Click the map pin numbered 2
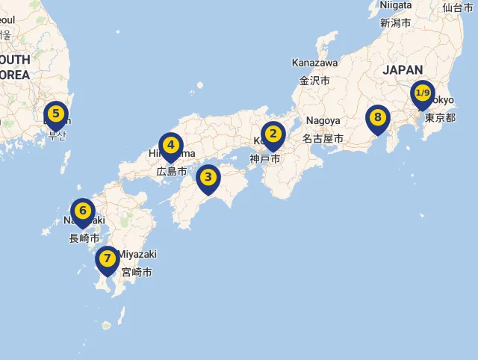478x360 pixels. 273,134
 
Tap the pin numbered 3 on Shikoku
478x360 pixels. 208,178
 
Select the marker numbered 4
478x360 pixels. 171,145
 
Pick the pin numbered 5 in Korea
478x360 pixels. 55,114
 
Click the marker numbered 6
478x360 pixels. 83,211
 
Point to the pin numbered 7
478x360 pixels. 107,258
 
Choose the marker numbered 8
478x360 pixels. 378,118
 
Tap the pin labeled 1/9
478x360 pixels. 423,93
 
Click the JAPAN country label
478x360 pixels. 403,69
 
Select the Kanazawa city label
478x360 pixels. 314,62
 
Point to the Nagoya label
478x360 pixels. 323,120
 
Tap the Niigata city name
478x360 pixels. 395,5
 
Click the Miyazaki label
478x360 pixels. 137,254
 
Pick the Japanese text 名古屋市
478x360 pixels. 323,138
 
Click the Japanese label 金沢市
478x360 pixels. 314,81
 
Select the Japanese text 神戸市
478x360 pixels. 265,158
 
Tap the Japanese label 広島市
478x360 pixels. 171,171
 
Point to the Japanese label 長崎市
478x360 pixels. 84,238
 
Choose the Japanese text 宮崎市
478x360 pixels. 137,273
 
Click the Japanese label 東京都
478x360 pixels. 440,118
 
